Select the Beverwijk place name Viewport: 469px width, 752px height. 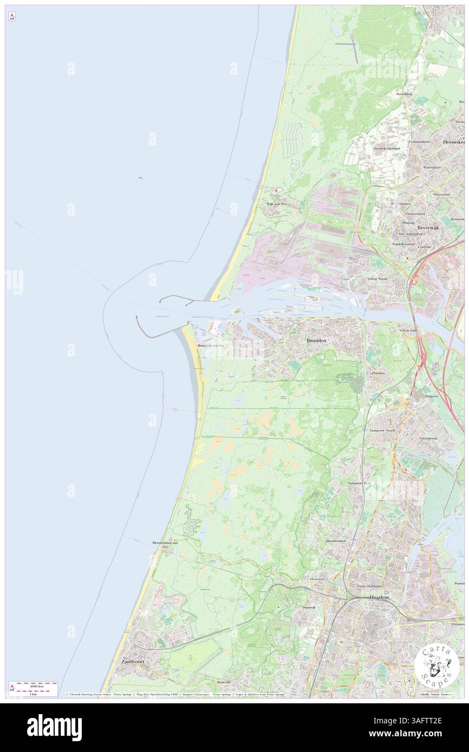(427, 228)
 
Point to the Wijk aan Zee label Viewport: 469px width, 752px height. (276, 204)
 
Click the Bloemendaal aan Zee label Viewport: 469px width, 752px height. (166, 543)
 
